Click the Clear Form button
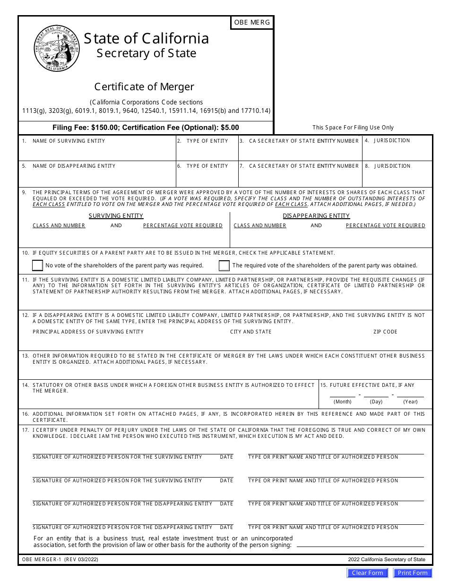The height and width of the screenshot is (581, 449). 367,573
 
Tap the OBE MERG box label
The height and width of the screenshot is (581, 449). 252,23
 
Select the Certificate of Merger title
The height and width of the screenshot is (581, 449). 144,87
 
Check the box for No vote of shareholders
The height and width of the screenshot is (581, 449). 37,265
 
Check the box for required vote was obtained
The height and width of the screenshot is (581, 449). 224,265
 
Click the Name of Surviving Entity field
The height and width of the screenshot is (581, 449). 97,152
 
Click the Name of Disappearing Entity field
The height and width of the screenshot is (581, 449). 97,178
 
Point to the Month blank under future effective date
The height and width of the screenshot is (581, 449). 342,393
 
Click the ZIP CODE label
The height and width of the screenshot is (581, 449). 385,332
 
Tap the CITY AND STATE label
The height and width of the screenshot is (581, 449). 250,332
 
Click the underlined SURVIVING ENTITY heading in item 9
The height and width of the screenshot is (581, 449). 116,216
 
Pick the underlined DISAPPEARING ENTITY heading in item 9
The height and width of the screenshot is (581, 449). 316,216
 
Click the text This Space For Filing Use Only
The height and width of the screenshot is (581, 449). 353,128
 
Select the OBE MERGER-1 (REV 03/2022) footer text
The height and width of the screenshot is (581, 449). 60,560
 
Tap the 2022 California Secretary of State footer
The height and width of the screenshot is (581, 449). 386,560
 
